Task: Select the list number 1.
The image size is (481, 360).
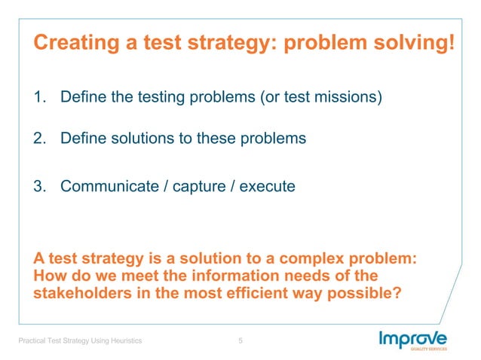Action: (x=39, y=98)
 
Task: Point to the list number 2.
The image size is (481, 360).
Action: (x=39, y=139)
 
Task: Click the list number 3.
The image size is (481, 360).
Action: (x=39, y=185)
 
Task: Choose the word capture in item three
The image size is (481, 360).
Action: (x=201, y=185)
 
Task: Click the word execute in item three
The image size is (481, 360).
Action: (x=267, y=185)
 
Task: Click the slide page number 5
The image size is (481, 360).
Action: (x=240, y=341)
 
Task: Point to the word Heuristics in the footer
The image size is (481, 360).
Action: (x=124, y=342)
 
